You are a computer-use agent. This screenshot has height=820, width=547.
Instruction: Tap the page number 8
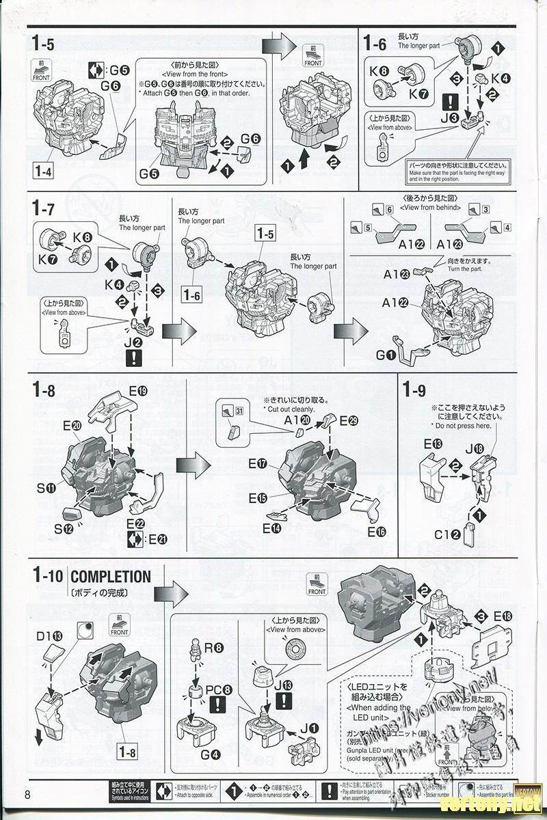(28, 794)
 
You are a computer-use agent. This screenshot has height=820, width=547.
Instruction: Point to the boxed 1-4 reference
(42, 172)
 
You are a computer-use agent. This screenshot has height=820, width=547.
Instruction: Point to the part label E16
(377, 531)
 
